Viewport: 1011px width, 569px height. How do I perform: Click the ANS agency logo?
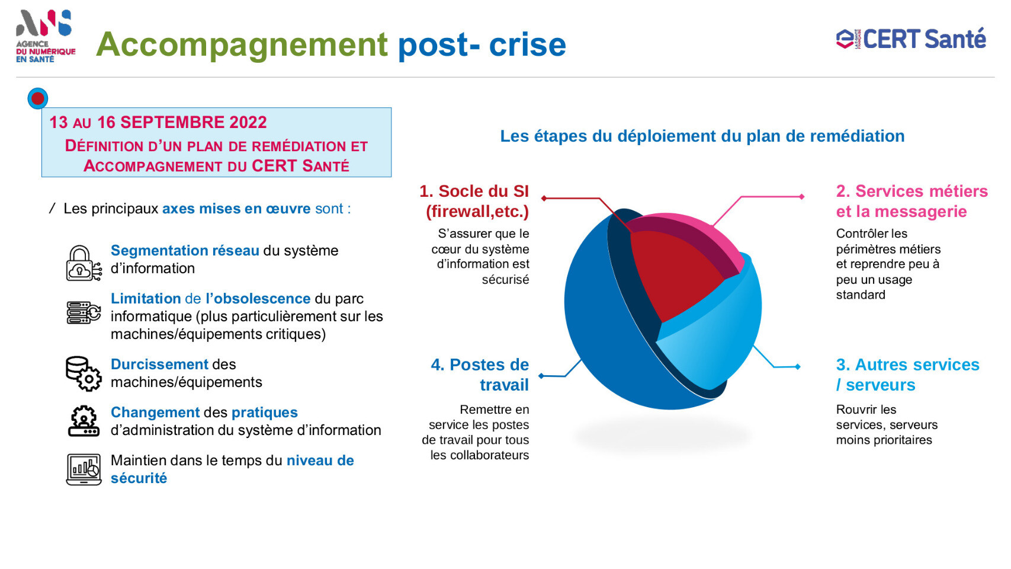coord(45,36)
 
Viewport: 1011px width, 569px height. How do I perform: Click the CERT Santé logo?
coord(911,39)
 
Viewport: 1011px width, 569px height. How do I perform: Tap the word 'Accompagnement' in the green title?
coord(242,45)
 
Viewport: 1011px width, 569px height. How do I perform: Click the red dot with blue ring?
coord(37,98)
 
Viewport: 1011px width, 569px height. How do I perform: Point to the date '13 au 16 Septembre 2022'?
coord(158,122)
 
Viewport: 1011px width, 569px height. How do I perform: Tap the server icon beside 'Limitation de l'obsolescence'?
coord(84,312)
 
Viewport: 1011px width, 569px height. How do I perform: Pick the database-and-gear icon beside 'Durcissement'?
coord(84,373)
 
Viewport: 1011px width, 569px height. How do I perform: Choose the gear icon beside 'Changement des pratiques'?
coord(84,421)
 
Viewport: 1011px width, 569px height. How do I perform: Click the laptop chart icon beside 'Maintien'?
coord(84,469)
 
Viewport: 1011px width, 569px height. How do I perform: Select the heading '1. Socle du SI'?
coord(474,191)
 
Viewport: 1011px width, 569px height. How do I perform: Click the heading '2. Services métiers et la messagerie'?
coord(911,202)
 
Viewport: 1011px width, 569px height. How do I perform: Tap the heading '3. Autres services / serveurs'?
coord(907,375)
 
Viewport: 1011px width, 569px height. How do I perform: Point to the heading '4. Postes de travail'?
coord(480,375)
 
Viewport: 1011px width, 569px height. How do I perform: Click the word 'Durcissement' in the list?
coord(159,365)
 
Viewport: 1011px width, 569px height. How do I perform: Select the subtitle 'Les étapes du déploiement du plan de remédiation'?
coord(702,136)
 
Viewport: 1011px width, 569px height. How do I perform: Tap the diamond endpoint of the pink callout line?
coord(801,196)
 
